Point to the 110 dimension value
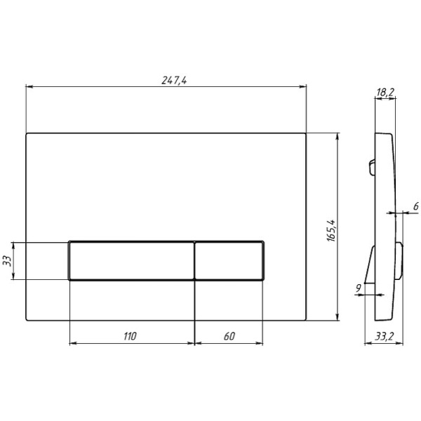(x=130, y=337)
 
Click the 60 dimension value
(x=229, y=337)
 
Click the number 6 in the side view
(x=414, y=206)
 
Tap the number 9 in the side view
(x=359, y=287)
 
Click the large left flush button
(x=131, y=261)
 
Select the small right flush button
(x=229, y=261)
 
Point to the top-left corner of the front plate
(x=27, y=133)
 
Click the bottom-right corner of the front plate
(x=306, y=321)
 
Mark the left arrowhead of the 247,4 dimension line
(x=28, y=87)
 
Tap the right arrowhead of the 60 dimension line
(x=262, y=344)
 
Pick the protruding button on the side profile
(x=399, y=260)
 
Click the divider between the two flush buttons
(x=194, y=261)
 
